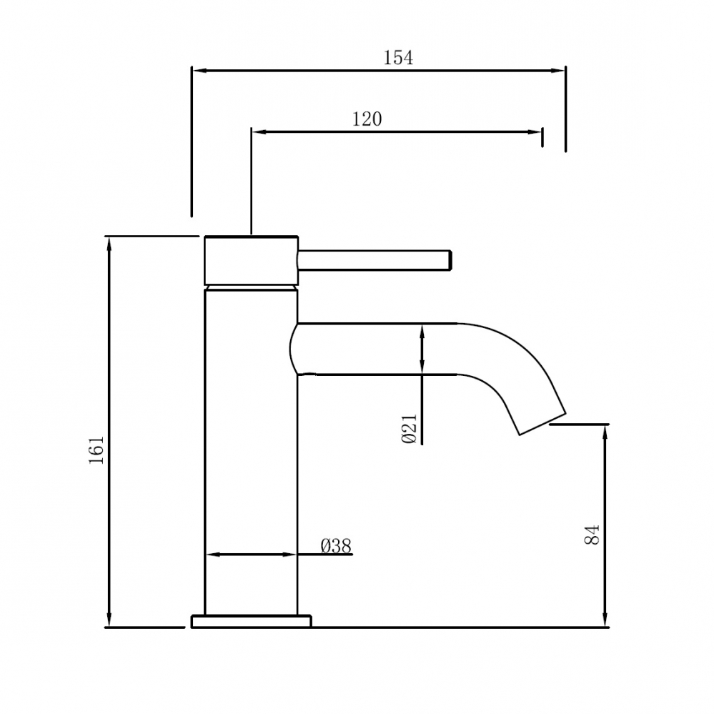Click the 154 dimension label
(x=398, y=58)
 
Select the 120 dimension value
(x=367, y=119)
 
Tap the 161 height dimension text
(x=96, y=450)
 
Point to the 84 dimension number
(x=592, y=535)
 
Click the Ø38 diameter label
(x=336, y=547)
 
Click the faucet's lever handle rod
(x=375, y=260)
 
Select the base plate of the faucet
(x=251, y=621)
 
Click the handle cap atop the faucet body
(x=251, y=259)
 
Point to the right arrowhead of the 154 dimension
(x=557, y=71)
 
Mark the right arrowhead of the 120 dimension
(x=535, y=132)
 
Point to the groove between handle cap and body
(x=251, y=285)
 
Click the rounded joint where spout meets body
(x=294, y=349)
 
